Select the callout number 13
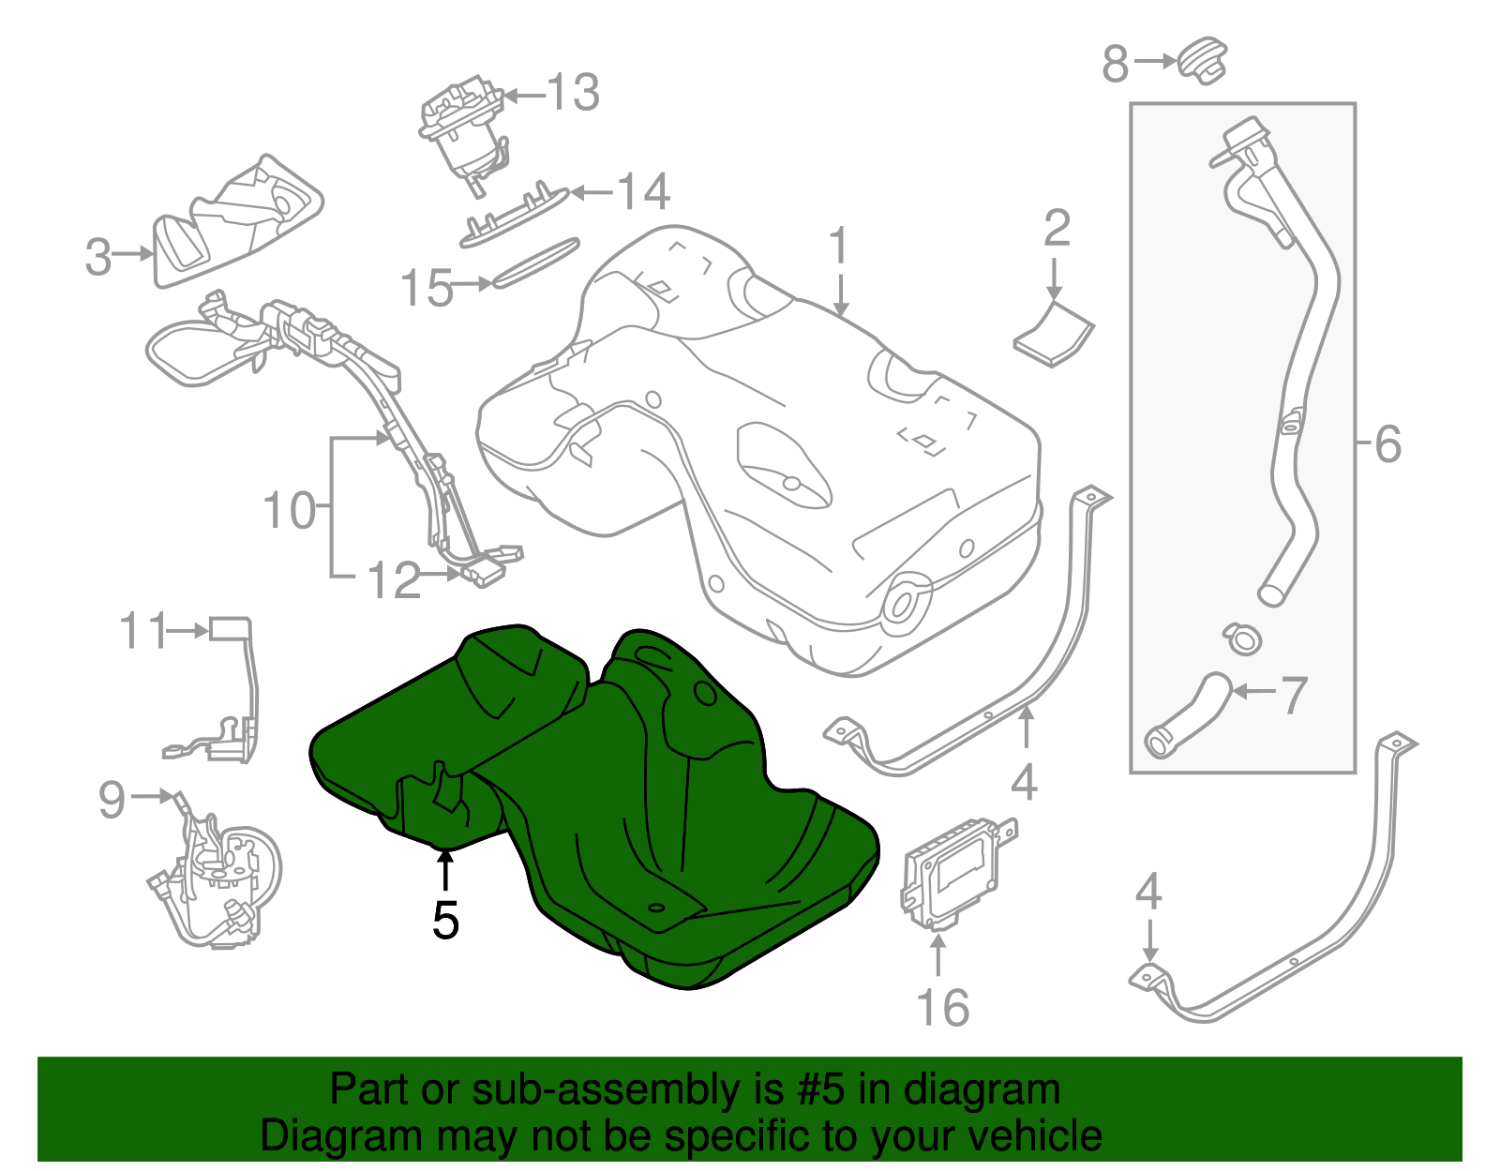pos(572,93)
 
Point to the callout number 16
pos(942,1009)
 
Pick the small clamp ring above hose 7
pos(1242,638)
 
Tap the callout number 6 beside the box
pos(1387,443)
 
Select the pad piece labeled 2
pos(1055,335)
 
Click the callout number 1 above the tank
pos(838,246)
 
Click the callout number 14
pos(643,192)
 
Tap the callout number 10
pos(290,511)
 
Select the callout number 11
pos(142,631)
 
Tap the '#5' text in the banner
pos(820,1089)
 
